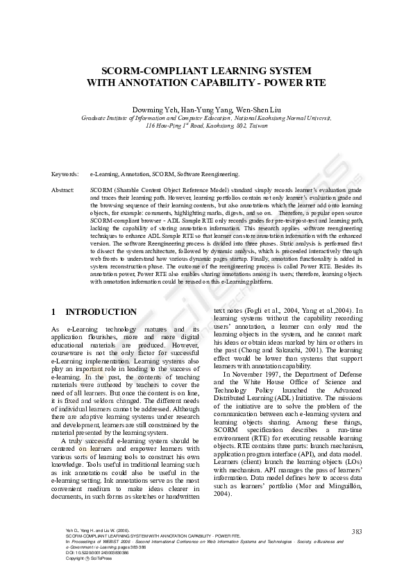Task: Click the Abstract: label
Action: tap(64, 189)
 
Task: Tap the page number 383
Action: tap(357, 531)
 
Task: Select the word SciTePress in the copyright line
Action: tap(96, 558)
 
